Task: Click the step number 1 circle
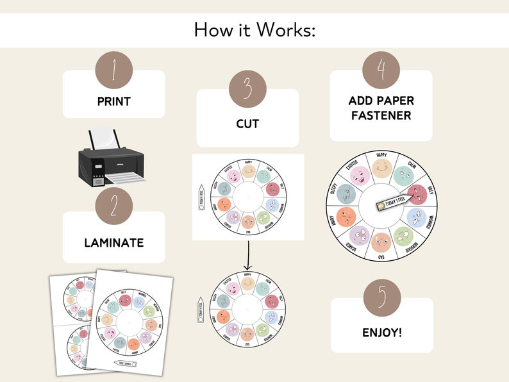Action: click(x=113, y=70)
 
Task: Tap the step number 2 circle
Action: click(x=113, y=206)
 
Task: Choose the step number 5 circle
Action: click(x=381, y=298)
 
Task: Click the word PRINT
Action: click(x=113, y=101)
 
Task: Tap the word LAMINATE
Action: click(x=113, y=243)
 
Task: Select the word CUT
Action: click(x=247, y=124)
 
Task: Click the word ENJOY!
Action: click(x=381, y=333)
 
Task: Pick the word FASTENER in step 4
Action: click(x=381, y=116)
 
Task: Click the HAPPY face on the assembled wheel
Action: click(x=381, y=169)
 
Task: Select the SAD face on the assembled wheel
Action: click(x=381, y=242)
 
